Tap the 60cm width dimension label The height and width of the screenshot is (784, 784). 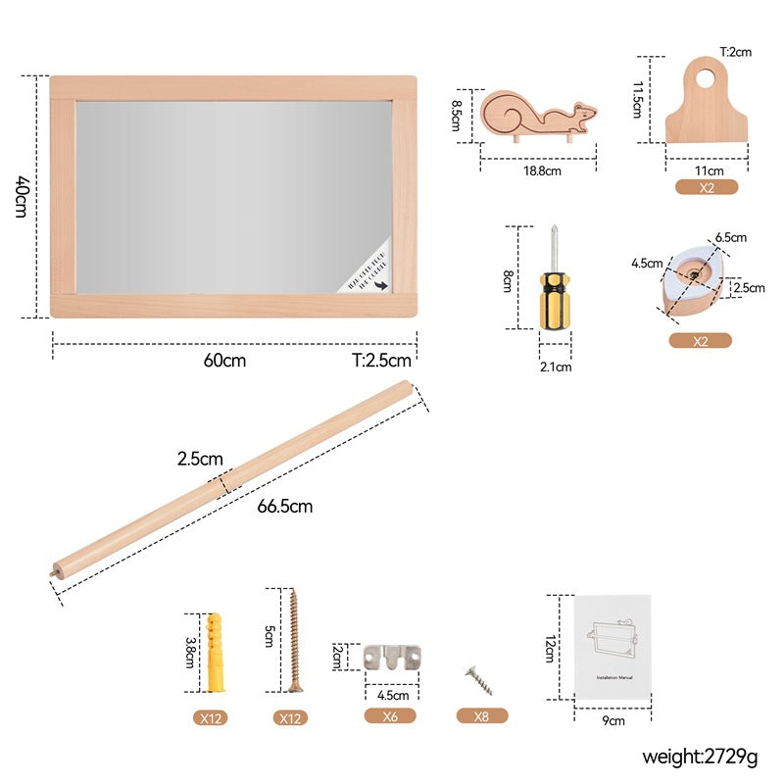(224, 360)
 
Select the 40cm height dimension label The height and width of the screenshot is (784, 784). (22, 196)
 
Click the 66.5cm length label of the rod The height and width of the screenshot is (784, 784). (285, 507)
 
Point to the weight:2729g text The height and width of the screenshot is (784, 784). (700, 756)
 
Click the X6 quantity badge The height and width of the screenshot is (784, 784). (390, 716)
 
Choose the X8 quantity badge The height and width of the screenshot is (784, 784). (481, 716)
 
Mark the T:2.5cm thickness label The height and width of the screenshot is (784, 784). (383, 360)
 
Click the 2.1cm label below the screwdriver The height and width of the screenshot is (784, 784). (555, 367)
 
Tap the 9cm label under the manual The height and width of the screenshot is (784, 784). (613, 720)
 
